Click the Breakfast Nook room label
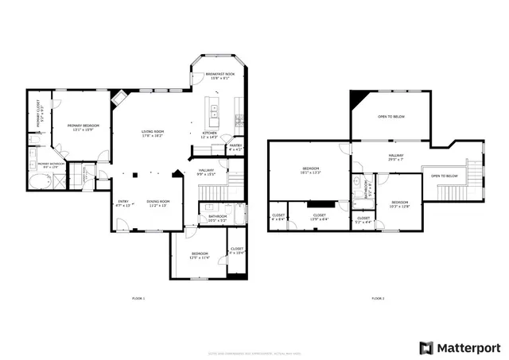[220, 75]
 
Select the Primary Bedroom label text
[81, 127]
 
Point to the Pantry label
[235, 147]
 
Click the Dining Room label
[157, 203]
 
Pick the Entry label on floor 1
[123, 203]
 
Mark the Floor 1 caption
[138, 298]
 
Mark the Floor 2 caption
[378, 298]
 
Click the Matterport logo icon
[427, 348]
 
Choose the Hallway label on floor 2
[396, 157]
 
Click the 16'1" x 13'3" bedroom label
[310, 170]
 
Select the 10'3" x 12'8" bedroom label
[399, 204]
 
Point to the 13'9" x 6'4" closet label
[319, 216]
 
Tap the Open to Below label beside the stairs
[444, 176]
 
